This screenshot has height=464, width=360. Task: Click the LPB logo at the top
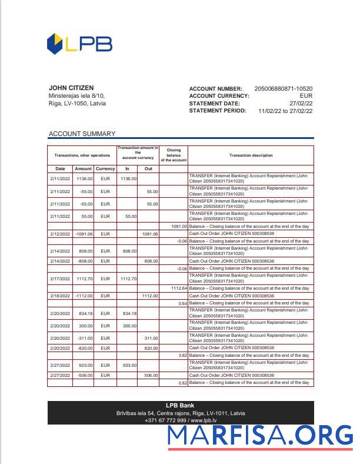pos(79,44)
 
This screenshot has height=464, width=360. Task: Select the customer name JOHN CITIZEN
pos(71,88)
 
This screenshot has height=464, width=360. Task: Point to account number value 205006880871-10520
pos(283,88)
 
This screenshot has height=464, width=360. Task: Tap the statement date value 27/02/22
pos(300,103)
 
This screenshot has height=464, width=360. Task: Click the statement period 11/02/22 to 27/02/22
pos(285,111)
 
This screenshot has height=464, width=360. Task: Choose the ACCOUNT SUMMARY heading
pos(82,134)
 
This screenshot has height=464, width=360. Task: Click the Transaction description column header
pos(251,155)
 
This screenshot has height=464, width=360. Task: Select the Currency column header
pos(105,168)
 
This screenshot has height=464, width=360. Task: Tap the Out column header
pos(148,168)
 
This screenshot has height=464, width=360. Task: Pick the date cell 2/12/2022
pos(60,234)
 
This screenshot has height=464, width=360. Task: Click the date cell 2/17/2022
pos(60,279)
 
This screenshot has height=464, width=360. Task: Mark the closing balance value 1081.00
pos(179,226)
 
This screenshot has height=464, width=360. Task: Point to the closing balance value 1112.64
pos(179,288)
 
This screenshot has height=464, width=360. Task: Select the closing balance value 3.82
pos(182,356)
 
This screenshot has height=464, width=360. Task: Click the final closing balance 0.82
pos(182,383)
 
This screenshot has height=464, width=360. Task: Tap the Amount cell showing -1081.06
pos(84,234)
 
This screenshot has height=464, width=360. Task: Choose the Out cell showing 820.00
pos(151,348)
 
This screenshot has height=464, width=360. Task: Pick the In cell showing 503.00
pos(129,365)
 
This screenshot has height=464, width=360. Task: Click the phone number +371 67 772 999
pos(165,420)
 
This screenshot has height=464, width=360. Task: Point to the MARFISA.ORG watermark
pos(260,436)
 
